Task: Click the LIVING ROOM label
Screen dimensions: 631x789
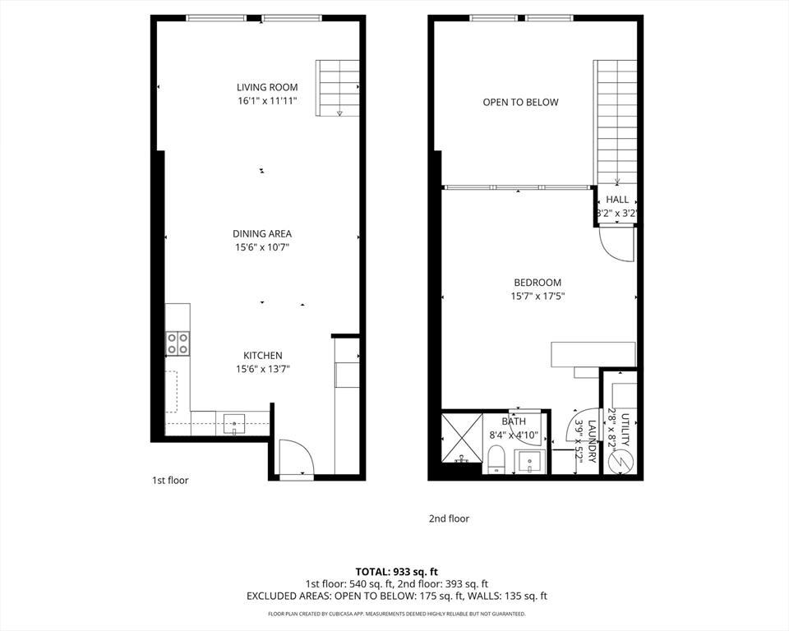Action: click(267, 87)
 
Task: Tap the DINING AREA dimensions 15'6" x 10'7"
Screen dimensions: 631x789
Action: click(263, 246)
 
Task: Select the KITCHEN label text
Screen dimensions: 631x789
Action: click(263, 355)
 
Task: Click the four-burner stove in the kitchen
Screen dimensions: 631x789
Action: click(178, 343)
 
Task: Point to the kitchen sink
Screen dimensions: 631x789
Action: click(234, 425)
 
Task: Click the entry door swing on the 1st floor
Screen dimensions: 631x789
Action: click(295, 458)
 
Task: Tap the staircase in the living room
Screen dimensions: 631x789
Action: click(339, 88)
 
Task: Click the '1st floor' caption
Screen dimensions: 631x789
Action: click(170, 480)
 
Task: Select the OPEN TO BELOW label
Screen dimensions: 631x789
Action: click(520, 103)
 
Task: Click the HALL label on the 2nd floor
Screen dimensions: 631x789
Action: click(617, 200)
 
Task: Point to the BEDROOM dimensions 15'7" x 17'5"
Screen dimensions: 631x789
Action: click(538, 297)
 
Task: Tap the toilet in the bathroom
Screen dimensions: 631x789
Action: click(496, 458)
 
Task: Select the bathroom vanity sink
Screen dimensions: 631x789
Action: click(531, 460)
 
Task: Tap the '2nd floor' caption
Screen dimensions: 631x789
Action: click(449, 518)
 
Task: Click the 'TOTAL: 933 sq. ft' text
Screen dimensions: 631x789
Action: click(397, 572)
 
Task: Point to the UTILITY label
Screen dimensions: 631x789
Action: click(625, 430)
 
